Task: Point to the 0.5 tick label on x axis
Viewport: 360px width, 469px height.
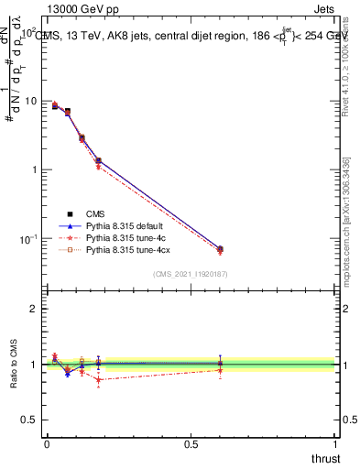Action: pos(191,443)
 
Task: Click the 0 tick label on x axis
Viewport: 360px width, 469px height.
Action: pos(47,443)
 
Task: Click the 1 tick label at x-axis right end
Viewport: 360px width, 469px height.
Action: pos(335,443)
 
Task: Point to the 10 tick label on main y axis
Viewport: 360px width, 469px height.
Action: pos(29,101)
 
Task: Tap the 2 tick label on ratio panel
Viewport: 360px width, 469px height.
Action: pos(34,310)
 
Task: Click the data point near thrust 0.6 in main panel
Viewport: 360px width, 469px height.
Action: pos(220,249)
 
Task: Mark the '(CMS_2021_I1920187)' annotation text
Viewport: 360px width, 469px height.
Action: pos(190,274)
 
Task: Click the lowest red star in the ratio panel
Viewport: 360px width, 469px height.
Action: pos(98,379)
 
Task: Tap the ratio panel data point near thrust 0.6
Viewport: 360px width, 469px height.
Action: pos(220,365)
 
